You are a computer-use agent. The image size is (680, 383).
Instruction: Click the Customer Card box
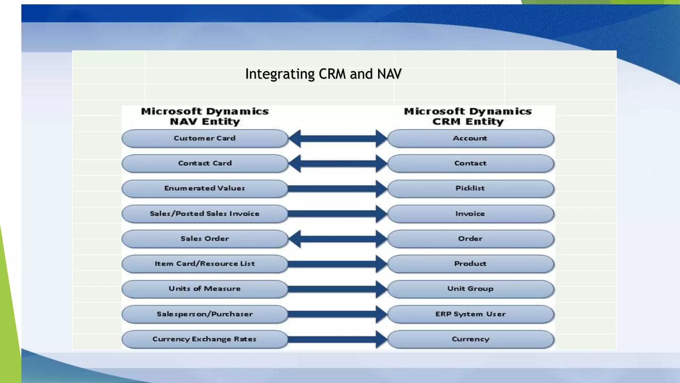click(205, 138)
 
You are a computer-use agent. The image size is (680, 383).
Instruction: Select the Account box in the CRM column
click(470, 138)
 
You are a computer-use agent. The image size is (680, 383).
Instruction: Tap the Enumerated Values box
click(205, 189)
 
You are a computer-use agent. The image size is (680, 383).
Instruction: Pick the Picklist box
click(470, 189)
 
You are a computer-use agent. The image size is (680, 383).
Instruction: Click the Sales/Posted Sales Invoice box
click(205, 214)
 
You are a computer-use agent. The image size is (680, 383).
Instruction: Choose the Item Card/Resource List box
click(205, 264)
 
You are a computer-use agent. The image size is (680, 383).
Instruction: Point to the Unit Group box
click(470, 289)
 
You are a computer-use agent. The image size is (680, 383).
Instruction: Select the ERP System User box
click(470, 314)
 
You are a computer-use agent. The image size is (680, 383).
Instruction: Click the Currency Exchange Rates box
click(205, 339)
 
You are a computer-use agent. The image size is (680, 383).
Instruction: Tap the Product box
click(470, 264)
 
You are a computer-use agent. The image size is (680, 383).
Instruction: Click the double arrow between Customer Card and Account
click(338, 139)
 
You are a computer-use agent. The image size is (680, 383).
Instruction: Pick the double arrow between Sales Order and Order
click(338, 239)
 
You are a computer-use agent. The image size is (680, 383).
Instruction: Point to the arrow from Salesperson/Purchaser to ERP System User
click(332, 314)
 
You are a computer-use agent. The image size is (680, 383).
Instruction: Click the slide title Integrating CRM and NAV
click(323, 74)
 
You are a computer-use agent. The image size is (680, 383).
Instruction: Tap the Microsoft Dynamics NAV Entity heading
click(205, 116)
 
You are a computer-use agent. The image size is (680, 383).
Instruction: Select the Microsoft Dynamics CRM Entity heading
click(468, 116)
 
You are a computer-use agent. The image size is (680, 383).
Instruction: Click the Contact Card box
click(205, 163)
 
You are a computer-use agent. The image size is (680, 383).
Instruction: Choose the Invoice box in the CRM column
click(470, 214)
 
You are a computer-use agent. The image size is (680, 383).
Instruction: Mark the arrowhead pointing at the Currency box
click(381, 339)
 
